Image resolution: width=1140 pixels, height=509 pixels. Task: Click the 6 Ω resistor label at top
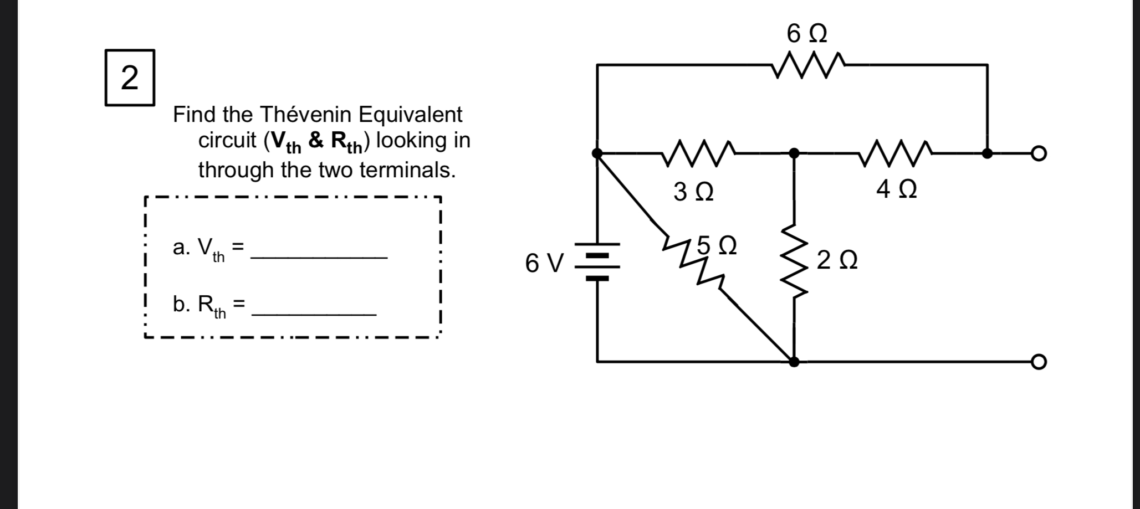click(806, 34)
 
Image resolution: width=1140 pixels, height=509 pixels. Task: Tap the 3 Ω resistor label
click(693, 192)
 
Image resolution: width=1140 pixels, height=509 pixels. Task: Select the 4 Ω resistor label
click(896, 189)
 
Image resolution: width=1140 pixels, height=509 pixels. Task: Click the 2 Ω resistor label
click(837, 260)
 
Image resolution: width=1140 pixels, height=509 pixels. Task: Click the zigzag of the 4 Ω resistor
click(896, 153)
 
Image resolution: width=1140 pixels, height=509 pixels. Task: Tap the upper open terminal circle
click(1039, 153)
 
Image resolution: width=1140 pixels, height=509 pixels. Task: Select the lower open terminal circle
click(1039, 362)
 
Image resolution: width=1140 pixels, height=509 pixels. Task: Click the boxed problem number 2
click(130, 78)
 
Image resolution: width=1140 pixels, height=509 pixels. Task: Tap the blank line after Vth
click(319, 256)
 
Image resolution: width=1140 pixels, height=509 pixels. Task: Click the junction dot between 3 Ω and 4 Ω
click(794, 153)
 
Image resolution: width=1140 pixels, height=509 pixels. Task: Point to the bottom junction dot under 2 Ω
click(794, 362)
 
